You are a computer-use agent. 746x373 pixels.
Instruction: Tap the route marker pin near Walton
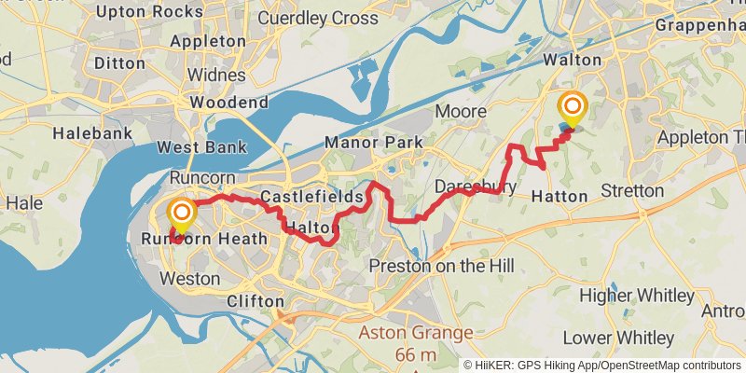pos(571,110)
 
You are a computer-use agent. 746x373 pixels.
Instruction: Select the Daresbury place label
pos(476,186)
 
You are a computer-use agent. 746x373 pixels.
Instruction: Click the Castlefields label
pos(311,198)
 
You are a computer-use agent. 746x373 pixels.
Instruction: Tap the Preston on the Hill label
pos(441,266)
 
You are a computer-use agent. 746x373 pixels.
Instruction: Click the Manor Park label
pos(373,143)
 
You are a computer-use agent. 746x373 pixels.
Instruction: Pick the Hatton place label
pos(559,196)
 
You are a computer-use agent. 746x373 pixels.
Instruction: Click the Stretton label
pos(633,192)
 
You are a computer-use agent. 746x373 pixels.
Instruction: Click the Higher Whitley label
pos(638,296)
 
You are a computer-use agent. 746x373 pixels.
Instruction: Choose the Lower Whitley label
pos(631,337)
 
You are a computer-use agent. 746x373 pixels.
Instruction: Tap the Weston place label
pos(190,278)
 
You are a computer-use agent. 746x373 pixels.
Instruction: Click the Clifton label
pos(256,301)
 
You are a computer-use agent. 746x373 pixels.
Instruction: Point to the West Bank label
pos(201,146)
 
